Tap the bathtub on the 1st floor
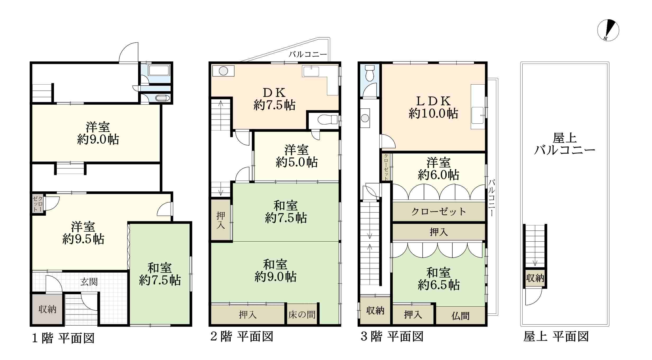click(x=159, y=71)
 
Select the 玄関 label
click(x=89, y=282)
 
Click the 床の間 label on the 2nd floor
click(x=302, y=315)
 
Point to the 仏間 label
click(x=460, y=316)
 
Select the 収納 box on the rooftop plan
click(x=535, y=278)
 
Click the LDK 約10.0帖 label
click(x=433, y=107)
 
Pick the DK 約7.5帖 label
click(x=275, y=99)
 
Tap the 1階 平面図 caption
click(x=63, y=338)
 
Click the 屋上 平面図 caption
click(x=556, y=337)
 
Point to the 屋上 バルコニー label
click(x=565, y=144)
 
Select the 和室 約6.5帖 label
click(x=439, y=279)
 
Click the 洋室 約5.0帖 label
click(x=297, y=156)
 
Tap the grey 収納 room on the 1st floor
click(x=47, y=309)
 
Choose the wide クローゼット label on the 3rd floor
click(x=439, y=212)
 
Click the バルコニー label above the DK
click(x=308, y=55)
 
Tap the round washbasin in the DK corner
click(x=224, y=71)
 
